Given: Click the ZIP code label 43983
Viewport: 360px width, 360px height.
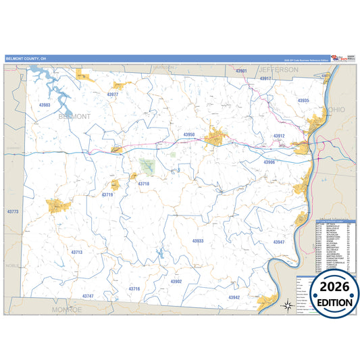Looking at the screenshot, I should [45, 105].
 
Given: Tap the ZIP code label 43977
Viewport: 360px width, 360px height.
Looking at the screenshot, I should [113, 95].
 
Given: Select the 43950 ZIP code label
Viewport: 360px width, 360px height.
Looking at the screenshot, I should [188, 134].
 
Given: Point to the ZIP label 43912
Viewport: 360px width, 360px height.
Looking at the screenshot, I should [279, 136].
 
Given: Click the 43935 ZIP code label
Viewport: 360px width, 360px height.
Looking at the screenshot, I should [303, 101].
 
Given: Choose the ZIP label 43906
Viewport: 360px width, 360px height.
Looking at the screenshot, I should [269, 162].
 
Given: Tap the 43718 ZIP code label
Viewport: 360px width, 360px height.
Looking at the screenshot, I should [143, 183].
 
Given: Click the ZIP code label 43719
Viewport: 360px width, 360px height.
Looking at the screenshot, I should [107, 195].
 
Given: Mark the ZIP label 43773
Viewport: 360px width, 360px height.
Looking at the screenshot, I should [12, 212].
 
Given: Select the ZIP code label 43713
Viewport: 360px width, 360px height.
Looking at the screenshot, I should [76, 252].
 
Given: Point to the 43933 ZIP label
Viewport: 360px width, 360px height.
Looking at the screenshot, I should [197, 240].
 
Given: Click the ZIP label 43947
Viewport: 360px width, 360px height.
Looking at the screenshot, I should [279, 242].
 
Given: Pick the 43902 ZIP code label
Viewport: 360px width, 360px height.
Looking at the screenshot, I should [176, 281].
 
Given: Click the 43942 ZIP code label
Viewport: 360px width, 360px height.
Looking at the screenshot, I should [234, 297].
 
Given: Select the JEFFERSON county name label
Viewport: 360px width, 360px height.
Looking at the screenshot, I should [278, 70].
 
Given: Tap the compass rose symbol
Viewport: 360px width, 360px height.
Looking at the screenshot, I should [288, 305].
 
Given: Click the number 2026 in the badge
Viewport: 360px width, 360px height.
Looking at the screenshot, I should [328, 286].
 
